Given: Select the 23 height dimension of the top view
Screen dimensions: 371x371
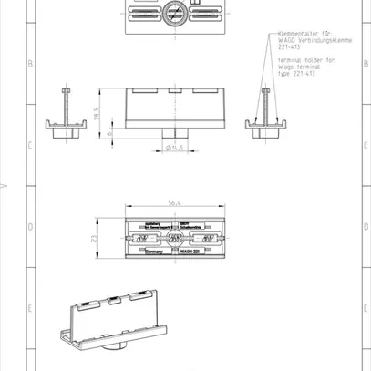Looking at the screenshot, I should [x=94, y=239].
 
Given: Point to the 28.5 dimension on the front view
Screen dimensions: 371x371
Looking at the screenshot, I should [x=96, y=114].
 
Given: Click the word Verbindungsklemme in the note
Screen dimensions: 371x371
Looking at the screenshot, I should [x=311, y=40].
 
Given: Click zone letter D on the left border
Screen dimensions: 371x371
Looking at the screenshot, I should [x=32, y=227].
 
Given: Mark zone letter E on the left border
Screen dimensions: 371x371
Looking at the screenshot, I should [x=32, y=308].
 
